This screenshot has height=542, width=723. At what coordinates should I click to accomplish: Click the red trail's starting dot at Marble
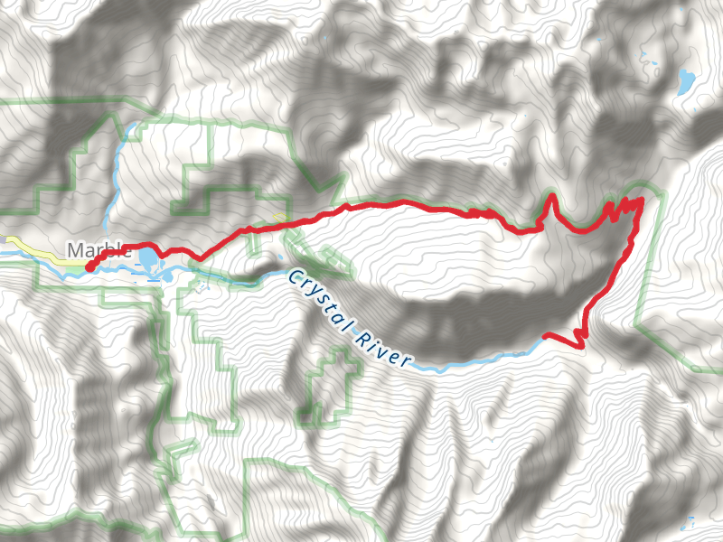click(89, 266)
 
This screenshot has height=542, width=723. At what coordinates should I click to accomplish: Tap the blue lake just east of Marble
click(147, 260)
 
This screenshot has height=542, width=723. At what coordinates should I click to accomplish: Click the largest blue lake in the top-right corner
click(685, 82)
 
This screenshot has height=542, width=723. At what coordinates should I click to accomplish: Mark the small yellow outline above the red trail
click(278, 218)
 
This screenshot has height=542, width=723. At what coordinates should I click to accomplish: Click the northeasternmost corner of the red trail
click(641, 199)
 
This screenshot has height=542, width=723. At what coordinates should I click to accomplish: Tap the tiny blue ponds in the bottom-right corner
click(689, 521)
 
